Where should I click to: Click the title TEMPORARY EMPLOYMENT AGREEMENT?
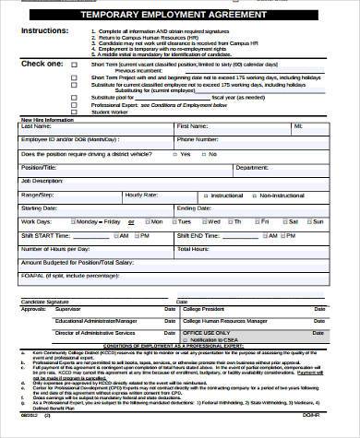point(179,16)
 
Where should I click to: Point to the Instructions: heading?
point(42,30)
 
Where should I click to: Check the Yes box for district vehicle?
point(174,154)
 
